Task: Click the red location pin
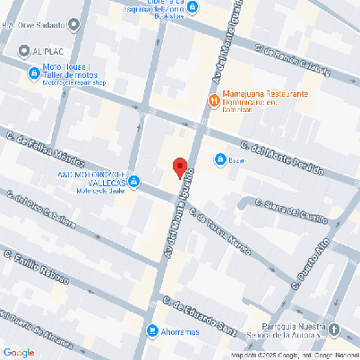click(179, 167)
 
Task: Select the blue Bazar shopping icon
click(219, 160)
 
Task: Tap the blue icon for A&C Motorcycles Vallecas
click(133, 183)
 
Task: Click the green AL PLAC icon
click(21, 52)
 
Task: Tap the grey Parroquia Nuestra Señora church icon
click(335, 330)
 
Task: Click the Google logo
click(19, 352)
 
